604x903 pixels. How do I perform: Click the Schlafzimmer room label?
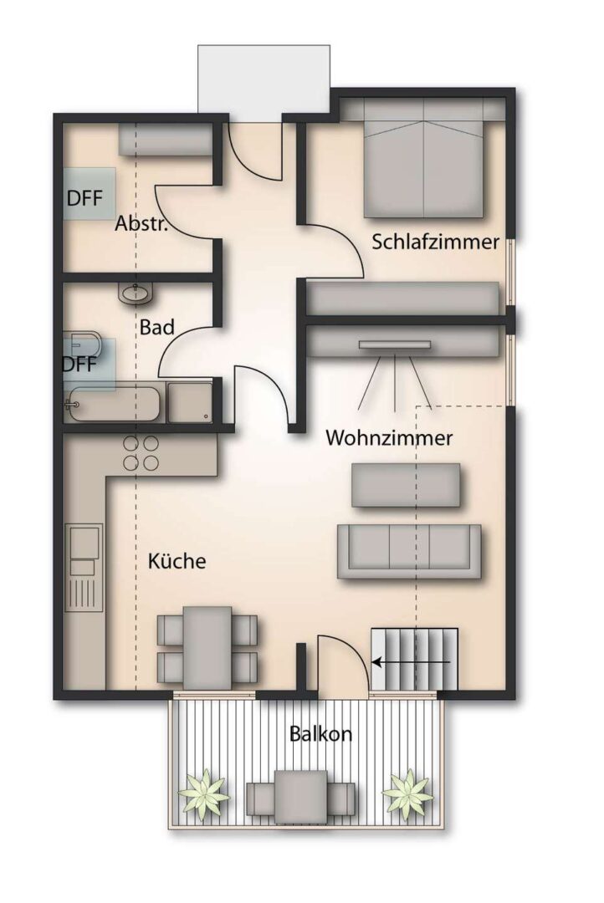click(x=435, y=242)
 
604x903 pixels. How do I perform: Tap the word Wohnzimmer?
click(x=389, y=437)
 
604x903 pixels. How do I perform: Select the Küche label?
click(x=177, y=560)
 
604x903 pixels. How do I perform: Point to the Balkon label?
click(x=320, y=734)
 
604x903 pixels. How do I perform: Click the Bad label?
click(x=156, y=327)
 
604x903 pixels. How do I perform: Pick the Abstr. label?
click(x=143, y=224)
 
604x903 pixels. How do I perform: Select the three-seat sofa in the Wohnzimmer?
click(x=408, y=551)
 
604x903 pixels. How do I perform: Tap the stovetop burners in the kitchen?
click(x=141, y=452)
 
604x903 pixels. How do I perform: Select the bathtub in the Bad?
click(x=113, y=404)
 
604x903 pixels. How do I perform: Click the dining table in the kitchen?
click(x=207, y=641)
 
